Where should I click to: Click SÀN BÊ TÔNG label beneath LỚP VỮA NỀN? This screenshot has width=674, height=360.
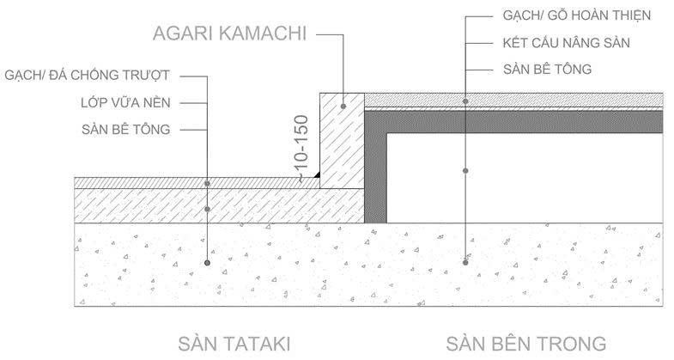tap(121, 130)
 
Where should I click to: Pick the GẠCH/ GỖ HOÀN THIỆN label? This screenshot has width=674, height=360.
tap(577, 15)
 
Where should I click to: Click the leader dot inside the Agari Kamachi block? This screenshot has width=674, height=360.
tap(343, 107)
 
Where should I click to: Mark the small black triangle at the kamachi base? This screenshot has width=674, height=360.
tap(316, 174)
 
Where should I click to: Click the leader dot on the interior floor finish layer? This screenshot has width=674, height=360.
tap(465, 101)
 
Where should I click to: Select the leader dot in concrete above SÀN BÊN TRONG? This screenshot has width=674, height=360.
tap(465, 262)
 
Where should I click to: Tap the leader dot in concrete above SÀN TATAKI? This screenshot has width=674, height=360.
tap(207, 262)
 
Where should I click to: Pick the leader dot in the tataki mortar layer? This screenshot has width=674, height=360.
tap(207, 209)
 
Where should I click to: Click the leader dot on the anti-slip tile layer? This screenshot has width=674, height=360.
tap(207, 183)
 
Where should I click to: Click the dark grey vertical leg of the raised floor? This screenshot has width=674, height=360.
tap(375, 172)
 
